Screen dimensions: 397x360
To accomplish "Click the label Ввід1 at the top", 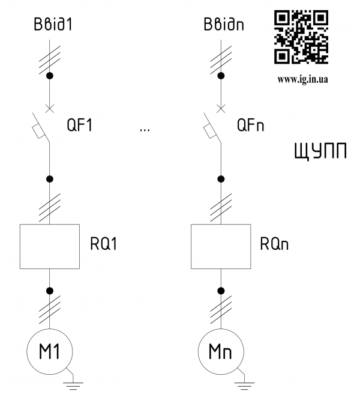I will pos(50,26).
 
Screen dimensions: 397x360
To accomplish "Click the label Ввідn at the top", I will pos(221,26).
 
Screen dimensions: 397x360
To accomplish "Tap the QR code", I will pos(301,37).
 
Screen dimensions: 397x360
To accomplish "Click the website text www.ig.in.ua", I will pos(302,78).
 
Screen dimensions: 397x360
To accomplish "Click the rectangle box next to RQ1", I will pos(50,246).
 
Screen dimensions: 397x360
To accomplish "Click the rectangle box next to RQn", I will pos(221,246).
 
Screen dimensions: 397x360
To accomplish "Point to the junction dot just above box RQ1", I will pos(50,179).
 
